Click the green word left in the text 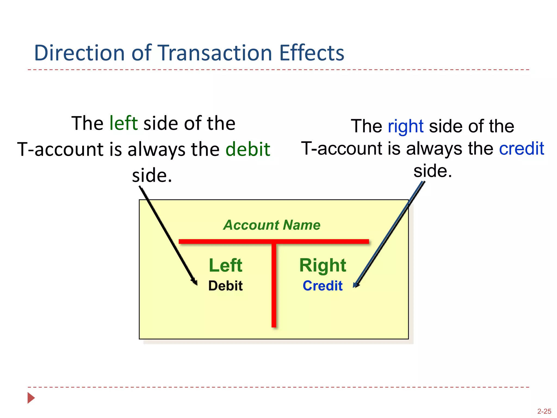(123, 123)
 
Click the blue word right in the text (406, 126)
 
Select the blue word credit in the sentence (521, 149)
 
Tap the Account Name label (272, 225)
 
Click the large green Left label (225, 265)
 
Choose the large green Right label (323, 265)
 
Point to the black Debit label (225, 286)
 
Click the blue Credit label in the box (323, 286)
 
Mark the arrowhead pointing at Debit (195, 282)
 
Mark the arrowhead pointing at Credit (355, 285)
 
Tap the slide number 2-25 (544, 411)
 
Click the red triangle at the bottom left (31, 398)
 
